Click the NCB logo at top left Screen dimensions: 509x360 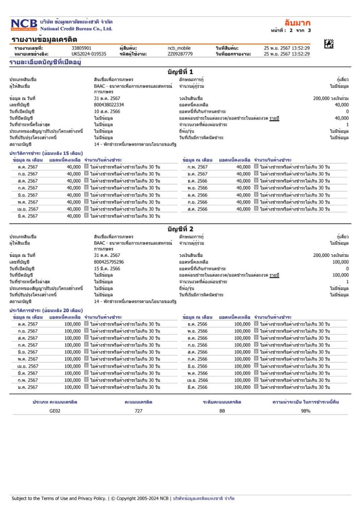pyautogui.click(x=23, y=25)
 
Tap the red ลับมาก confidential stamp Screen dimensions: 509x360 pyautogui.click(x=297, y=23)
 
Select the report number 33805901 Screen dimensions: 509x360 pyautogui.click(x=81, y=49)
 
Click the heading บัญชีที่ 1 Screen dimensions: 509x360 pyautogui.click(x=180, y=72)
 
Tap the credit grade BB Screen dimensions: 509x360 pyautogui.click(x=222, y=411)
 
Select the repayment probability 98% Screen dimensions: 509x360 pyautogui.click(x=306, y=411)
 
